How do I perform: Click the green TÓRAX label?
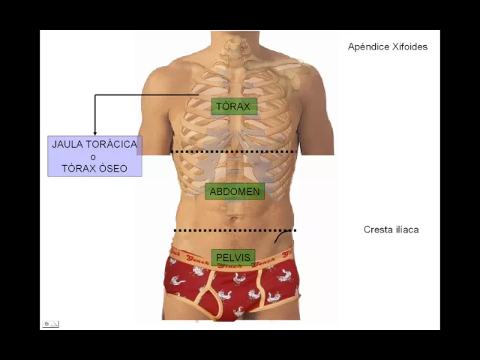(x=233, y=106)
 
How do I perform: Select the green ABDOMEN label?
(x=235, y=191)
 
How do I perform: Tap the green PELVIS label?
(x=233, y=258)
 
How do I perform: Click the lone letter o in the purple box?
(x=93, y=157)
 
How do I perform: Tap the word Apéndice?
(x=367, y=46)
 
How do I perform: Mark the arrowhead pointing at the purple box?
(x=94, y=133)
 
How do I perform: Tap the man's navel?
(x=235, y=220)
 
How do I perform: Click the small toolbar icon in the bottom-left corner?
(x=50, y=324)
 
